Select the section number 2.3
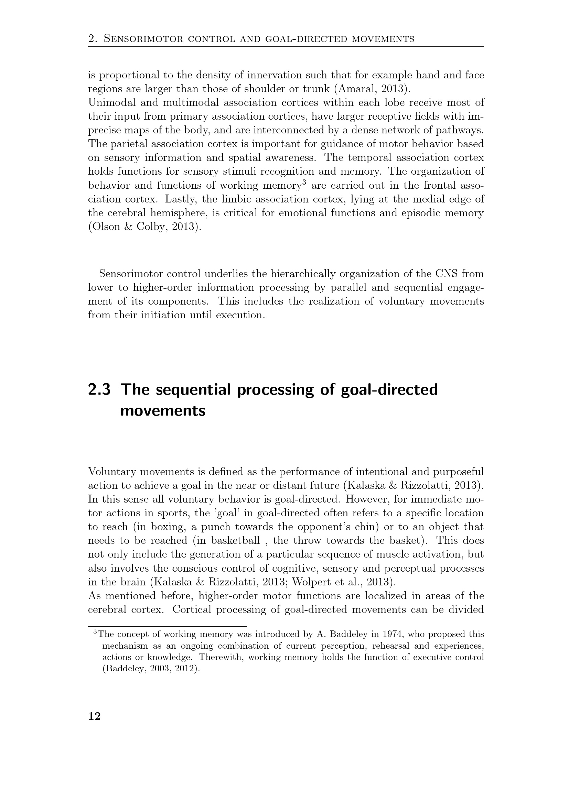[99, 389]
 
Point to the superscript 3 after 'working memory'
[304, 182]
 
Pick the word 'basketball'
[235, 540]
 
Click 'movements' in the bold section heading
[163, 410]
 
